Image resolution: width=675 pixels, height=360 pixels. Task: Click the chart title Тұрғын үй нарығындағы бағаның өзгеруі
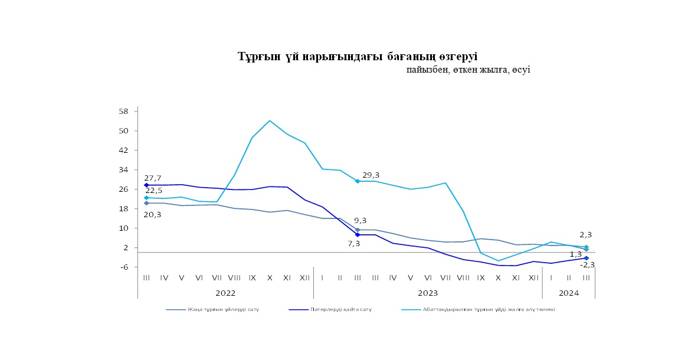[358, 57]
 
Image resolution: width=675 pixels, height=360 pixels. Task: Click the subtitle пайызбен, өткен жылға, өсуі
[468, 70]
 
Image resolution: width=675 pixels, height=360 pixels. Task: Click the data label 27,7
[153, 178]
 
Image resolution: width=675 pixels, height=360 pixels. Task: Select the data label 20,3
[153, 214]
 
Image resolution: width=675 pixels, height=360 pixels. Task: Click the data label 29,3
[371, 175]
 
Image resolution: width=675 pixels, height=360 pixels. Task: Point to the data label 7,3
[353, 243]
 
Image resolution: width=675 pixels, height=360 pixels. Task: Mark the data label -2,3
[587, 264]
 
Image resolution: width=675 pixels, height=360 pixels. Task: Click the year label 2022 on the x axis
[225, 293]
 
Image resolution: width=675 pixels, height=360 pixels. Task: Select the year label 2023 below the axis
[427, 293]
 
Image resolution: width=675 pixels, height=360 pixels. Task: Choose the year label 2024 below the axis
[568, 293]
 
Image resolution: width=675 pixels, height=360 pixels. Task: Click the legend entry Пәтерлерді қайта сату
[340, 309]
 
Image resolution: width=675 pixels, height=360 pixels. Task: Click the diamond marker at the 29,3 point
[358, 181]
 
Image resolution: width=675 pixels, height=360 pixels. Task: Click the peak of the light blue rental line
[270, 120]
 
